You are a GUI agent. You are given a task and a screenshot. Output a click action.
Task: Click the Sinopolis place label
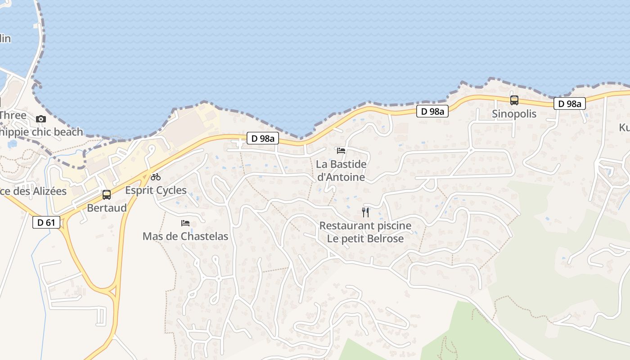[x=514, y=114]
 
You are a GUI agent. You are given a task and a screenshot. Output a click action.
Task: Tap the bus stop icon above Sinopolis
[x=514, y=100]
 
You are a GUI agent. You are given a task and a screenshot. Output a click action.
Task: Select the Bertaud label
[x=107, y=208]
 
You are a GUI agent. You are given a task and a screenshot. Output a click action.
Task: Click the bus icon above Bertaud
[x=107, y=195]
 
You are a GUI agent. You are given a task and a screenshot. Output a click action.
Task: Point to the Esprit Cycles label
[x=156, y=190]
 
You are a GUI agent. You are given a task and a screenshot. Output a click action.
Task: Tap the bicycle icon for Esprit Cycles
[x=156, y=177]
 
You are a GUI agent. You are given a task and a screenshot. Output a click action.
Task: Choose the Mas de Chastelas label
[x=185, y=236]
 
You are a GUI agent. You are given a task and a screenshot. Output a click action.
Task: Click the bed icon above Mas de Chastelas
[x=185, y=223]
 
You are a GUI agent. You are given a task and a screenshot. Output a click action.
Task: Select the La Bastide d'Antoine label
[x=341, y=171]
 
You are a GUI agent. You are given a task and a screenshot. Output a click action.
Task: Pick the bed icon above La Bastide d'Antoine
[x=341, y=150]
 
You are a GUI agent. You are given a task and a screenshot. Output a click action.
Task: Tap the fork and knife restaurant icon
[x=365, y=212]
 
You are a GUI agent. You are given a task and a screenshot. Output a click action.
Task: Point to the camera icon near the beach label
[x=41, y=119]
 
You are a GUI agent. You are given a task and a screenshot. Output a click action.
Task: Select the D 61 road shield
[x=46, y=222]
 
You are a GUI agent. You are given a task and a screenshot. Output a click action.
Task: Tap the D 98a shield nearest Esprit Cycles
[x=263, y=139]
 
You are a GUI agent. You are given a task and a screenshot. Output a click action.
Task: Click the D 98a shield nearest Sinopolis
[x=570, y=103]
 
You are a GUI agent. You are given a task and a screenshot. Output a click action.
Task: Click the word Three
[x=13, y=115]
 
